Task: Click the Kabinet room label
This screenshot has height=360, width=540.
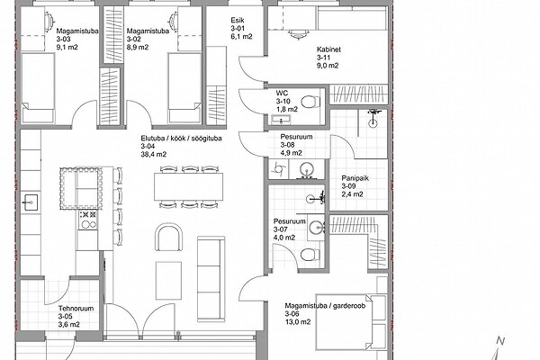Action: click(328, 49)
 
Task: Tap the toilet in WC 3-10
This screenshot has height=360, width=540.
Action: click(310, 102)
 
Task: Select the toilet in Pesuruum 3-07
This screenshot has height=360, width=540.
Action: click(310, 255)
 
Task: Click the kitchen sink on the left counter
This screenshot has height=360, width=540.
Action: click(31, 202)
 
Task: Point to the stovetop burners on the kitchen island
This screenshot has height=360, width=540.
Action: click(88, 220)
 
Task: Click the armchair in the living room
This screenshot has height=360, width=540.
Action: click(169, 238)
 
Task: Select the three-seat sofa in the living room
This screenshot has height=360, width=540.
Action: click(211, 279)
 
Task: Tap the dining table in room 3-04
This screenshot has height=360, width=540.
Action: click(188, 186)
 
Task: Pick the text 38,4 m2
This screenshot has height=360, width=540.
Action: click(153, 154)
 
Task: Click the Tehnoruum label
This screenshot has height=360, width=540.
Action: click(76, 309)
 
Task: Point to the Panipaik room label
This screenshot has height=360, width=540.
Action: click(355, 178)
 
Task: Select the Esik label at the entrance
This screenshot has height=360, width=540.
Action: click(238, 21)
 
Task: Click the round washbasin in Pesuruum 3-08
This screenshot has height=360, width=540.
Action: click(306, 170)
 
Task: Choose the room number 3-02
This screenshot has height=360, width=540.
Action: click(134, 40)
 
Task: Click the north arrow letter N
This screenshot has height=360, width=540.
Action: click(500, 341)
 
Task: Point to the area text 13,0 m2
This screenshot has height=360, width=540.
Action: click(298, 322)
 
